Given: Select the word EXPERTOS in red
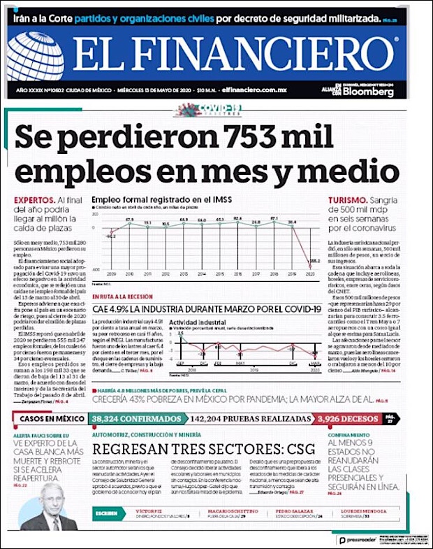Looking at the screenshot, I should [34, 200].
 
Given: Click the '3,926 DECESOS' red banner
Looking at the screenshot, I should [346, 419].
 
